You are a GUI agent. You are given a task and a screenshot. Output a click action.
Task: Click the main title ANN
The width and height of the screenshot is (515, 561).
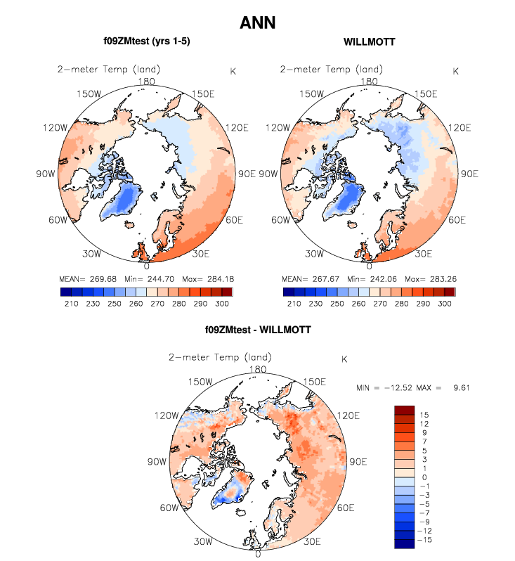(x=257, y=22)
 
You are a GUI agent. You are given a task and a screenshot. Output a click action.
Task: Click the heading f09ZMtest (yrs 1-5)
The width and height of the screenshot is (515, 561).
(x=146, y=42)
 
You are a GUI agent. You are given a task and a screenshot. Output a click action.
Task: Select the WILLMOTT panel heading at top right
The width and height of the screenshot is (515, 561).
(x=369, y=42)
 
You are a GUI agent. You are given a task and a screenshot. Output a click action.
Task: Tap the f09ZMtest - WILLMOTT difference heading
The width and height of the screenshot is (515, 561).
(x=258, y=328)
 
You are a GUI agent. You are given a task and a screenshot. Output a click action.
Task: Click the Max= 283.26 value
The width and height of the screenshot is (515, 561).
(x=426, y=278)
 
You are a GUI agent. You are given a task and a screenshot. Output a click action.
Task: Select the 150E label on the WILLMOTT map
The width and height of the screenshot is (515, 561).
(x=424, y=94)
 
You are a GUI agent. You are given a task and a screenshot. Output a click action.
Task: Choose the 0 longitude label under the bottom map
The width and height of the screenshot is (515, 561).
(x=259, y=554)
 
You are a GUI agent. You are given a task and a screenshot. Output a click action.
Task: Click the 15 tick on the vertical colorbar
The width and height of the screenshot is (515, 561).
(x=424, y=415)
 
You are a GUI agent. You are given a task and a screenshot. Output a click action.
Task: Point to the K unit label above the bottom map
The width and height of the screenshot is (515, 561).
(x=344, y=359)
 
